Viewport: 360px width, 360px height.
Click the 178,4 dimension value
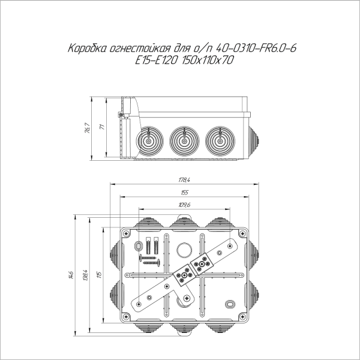(184, 180)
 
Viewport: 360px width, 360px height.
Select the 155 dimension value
(184, 193)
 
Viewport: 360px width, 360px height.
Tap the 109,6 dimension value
(184, 205)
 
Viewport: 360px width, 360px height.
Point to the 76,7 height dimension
(88, 128)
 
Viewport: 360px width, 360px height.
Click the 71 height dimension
(102, 127)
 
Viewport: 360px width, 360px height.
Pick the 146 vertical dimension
(71, 275)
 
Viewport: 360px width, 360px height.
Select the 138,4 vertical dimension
(85, 275)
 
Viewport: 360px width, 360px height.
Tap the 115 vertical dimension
(100, 275)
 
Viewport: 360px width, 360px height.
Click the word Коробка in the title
(87, 48)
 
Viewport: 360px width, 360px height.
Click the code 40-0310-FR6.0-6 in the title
(256, 48)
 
